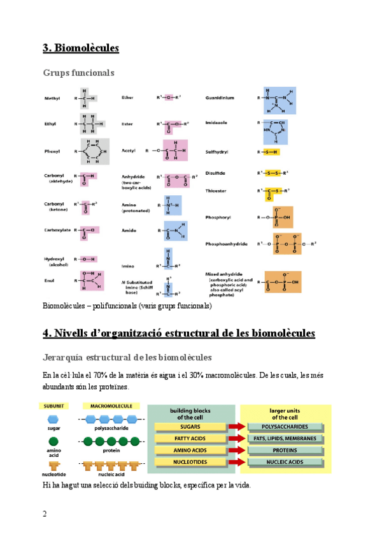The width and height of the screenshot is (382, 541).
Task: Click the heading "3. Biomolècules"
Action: click(x=81, y=48)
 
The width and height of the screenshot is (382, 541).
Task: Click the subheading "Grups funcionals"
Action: click(x=78, y=73)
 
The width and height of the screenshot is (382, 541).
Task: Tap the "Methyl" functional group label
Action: click(x=52, y=98)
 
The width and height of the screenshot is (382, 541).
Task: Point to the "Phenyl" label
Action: click(x=52, y=151)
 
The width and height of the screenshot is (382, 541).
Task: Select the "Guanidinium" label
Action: click(x=220, y=98)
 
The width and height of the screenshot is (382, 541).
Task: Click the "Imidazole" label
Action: click(x=217, y=122)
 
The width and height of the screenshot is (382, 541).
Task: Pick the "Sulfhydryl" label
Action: click(x=217, y=152)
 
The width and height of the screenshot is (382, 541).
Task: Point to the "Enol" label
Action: click(x=49, y=279)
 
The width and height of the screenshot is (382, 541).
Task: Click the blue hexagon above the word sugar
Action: click(x=54, y=419)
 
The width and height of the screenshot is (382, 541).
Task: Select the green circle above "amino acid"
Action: click(x=54, y=441)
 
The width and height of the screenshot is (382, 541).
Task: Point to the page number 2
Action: click(x=45, y=514)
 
